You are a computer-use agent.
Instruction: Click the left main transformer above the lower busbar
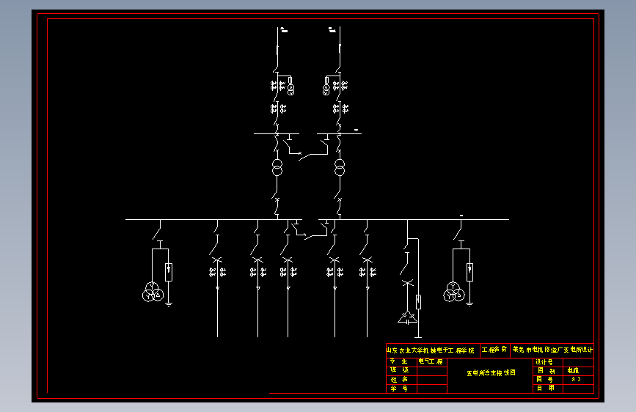pyautogui.click(x=277, y=167)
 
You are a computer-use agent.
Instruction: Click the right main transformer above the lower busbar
pyautogui.click(x=339, y=167)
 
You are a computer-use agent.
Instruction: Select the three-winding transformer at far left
pyautogui.click(x=153, y=292)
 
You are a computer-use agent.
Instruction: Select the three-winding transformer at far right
pyautogui.click(x=453, y=292)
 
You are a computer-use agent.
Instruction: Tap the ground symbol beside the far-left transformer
pyautogui.click(x=169, y=302)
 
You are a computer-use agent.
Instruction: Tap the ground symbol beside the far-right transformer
pyautogui.click(x=469, y=302)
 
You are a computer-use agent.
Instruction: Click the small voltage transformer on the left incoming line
pyautogui.click(x=290, y=89)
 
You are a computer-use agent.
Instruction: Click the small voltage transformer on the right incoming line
pyautogui.click(x=326, y=89)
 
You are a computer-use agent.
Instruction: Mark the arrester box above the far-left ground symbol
pyautogui.click(x=169, y=272)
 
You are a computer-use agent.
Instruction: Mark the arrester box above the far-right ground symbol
pyautogui.click(x=469, y=272)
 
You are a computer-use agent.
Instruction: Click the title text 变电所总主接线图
pyautogui.click(x=491, y=372)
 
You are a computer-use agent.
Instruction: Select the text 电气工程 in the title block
pyautogui.click(x=431, y=361)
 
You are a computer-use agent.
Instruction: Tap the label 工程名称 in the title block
pyautogui.click(x=494, y=350)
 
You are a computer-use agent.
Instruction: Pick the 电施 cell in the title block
pyautogui.click(x=574, y=371)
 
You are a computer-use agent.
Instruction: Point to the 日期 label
pyautogui.click(x=545, y=389)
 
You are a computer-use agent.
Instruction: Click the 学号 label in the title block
pyautogui.click(x=399, y=389)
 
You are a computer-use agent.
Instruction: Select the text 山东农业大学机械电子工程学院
pyautogui.click(x=431, y=350)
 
